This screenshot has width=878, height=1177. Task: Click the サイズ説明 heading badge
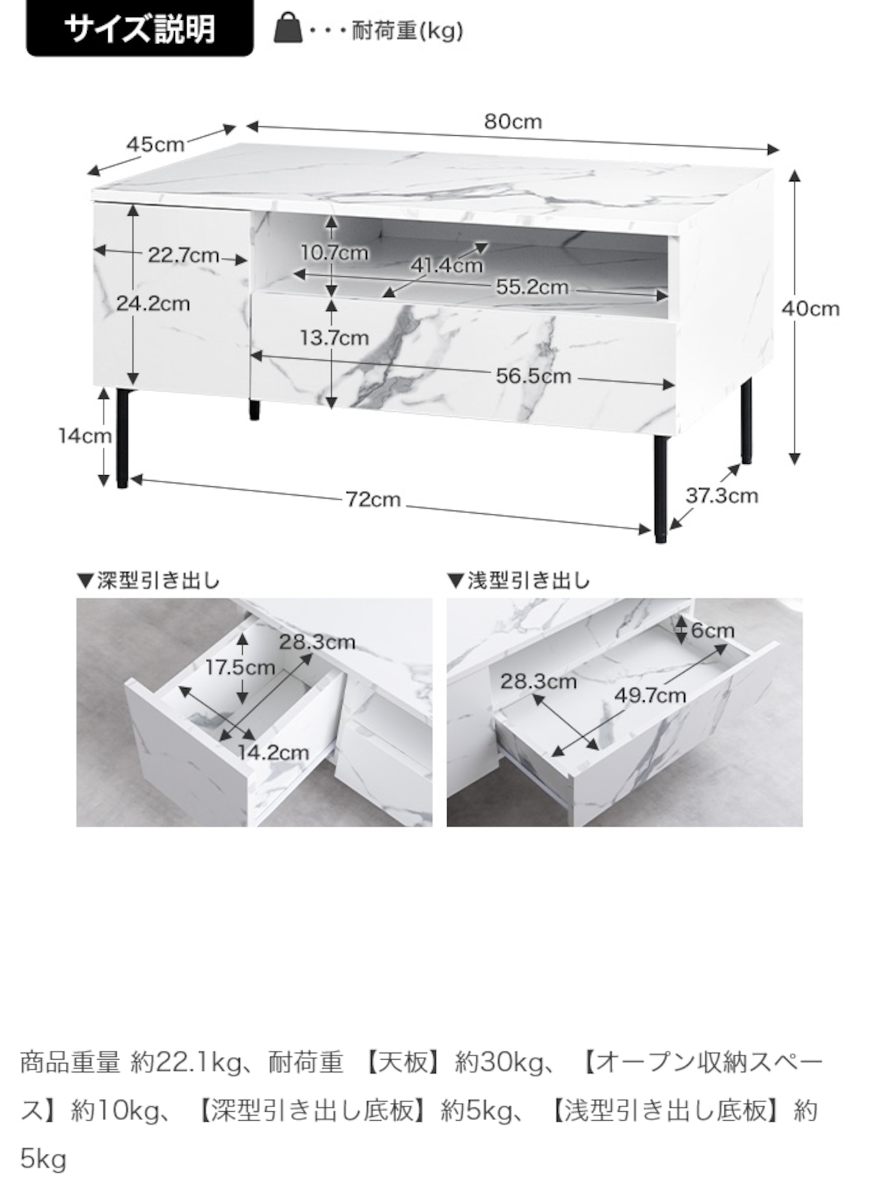[x=139, y=29]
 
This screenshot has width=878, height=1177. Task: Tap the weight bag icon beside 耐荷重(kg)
[x=288, y=29]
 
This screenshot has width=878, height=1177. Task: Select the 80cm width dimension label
[x=513, y=122]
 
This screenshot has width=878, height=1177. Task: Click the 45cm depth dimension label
[x=156, y=145]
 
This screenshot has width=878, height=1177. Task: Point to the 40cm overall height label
[x=810, y=309]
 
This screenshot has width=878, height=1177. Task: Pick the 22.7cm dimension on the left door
[x=183, y=256]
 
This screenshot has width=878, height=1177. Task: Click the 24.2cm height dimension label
[x=153, y=303]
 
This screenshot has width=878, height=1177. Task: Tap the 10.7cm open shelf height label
[x=334, y=253]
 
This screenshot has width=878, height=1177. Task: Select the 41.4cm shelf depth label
[x=447, y=265]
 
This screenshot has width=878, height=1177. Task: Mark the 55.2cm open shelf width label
[x=532, y=287]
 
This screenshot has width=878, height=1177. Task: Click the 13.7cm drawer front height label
[x=334, y=337]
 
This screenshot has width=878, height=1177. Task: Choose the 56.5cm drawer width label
[x=534, y=376]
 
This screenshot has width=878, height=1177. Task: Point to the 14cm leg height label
[x=84, y=436]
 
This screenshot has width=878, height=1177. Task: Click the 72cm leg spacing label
[x=372, y=499]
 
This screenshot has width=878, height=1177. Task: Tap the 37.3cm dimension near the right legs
[x=722, y=495]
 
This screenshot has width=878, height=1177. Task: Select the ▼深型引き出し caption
[x=148, y=581]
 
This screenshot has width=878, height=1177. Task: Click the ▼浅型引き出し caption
[x=519, y=581]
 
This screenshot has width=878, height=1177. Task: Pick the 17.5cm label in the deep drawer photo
[x=240, y=667]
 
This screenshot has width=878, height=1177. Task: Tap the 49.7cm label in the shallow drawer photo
[x=650, y=695]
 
